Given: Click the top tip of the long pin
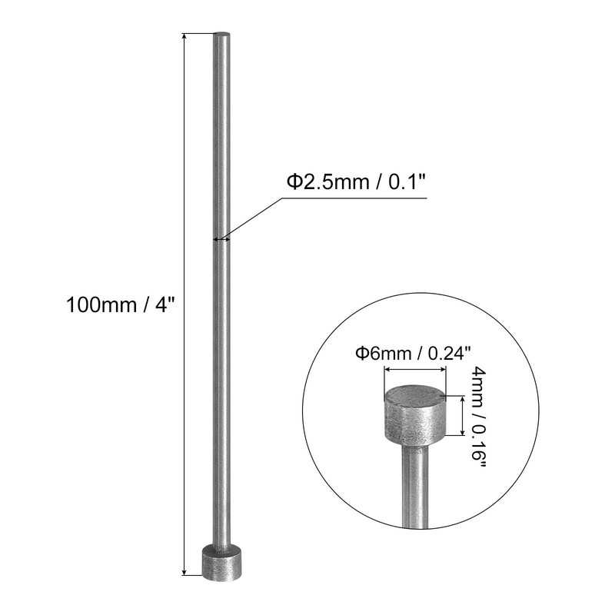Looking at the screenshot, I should (221, 35).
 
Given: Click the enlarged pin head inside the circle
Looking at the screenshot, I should (415, 419).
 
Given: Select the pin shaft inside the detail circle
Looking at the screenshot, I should (414, 492).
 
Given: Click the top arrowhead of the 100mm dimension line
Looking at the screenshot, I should (184, 37).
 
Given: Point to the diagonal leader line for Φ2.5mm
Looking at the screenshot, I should (254, 217).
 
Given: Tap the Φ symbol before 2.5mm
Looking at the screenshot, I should (294, 182).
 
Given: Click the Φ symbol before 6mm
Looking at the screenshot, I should (359, 354).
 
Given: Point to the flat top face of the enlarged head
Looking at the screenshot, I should (415, 395).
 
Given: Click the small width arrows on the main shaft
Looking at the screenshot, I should (221, 238).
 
